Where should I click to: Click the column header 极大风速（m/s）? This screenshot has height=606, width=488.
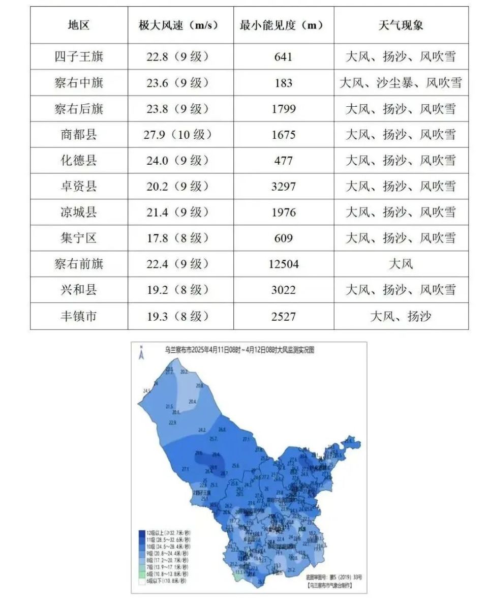178,25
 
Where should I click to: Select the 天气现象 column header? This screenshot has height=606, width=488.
401,25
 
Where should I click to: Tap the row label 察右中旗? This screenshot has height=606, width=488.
79,82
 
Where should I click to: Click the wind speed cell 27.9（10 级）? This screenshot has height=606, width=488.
178,134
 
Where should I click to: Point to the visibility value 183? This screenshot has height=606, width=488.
283,82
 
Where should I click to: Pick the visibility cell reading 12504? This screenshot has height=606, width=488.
283,264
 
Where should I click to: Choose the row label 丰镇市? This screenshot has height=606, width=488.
79,316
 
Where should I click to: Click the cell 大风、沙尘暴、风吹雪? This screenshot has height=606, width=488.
401,82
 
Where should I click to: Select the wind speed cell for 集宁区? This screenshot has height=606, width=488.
178,238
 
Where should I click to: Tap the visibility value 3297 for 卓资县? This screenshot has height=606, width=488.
283,186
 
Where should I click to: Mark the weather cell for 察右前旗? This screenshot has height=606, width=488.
401,264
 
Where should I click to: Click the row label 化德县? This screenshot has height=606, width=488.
79,160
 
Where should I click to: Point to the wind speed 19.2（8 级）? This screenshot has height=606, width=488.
178,290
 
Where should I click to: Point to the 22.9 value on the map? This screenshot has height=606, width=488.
172,422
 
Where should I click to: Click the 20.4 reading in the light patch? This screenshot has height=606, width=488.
192,402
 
